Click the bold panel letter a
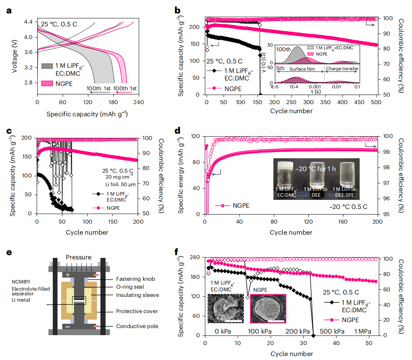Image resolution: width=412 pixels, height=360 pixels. (x=9, y=11)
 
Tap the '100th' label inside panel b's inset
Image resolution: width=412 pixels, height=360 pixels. (x=283, y=50)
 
